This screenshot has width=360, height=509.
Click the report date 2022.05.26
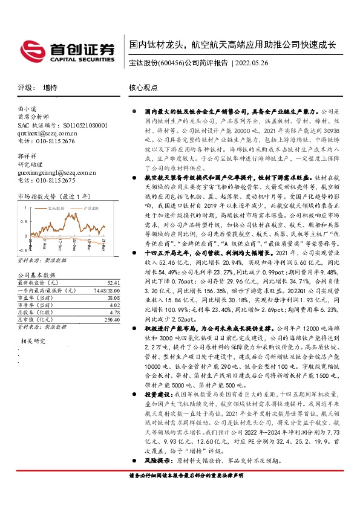(255, 63)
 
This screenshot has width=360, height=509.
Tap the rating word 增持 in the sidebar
(51, 87)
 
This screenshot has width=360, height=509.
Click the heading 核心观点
(143, 87)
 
